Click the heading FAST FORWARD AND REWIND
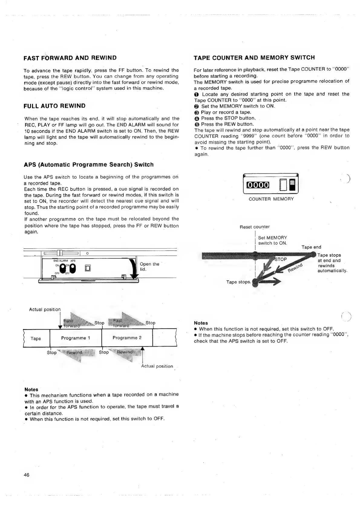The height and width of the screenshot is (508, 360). click(70, 58)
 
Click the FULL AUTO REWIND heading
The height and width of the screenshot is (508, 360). click(54, 106)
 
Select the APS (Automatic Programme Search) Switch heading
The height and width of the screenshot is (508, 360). click(89, 165)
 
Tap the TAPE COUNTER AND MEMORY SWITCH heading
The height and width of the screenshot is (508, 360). click(254, 58)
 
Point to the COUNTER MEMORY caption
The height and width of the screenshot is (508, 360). click(271, 199)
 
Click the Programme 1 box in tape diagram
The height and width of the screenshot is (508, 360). click(76, 338)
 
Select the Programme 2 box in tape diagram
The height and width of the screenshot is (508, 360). click(127, 338)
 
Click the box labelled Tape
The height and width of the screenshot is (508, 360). click(36, 338)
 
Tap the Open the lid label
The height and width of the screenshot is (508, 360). click(149, 266)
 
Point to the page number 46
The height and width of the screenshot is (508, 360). click(27, 475)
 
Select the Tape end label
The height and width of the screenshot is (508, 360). click(311, 247)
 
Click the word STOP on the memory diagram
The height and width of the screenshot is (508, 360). click(280, 259)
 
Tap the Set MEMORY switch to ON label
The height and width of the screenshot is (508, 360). click(272, 240)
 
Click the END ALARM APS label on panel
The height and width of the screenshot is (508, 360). click(64, 261)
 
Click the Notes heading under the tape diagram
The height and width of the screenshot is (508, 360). click(31, 389)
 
